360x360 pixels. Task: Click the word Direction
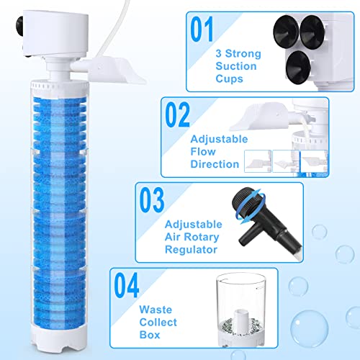(x=213, y=163)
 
